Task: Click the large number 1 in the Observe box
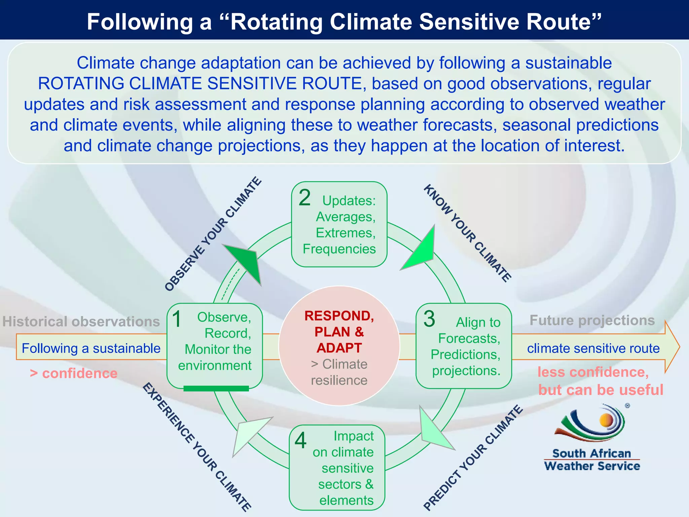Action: pos(177,319)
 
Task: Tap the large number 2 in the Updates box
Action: pos(304,198)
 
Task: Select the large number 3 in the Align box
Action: pos(429,319)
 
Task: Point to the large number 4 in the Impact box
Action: pos(300,441)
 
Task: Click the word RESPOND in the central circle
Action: pos(339,316)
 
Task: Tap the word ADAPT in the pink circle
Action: pos(339,348)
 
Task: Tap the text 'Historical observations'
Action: pos(81,321)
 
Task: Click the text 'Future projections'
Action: pos(592,320)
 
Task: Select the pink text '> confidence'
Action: pos(74,373)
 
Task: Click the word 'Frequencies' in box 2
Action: pos(339,249)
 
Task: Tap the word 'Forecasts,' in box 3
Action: pos(469,338)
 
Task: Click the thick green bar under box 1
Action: pos(216,388)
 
